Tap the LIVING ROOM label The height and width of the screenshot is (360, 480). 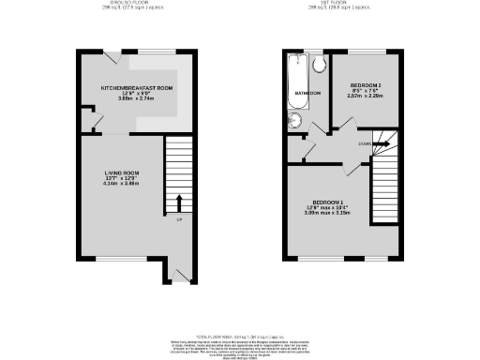pyautogui.click(x=122, y=172)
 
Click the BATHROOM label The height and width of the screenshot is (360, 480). pyautogui.click(x=309, y=94)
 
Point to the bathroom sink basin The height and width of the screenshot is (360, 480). pyautogui.click(x=297, y=119)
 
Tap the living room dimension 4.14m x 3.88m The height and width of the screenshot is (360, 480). pyautogui.click(x=122, y=185)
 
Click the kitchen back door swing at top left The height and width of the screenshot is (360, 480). pyautogui.click(x=110, y=58)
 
